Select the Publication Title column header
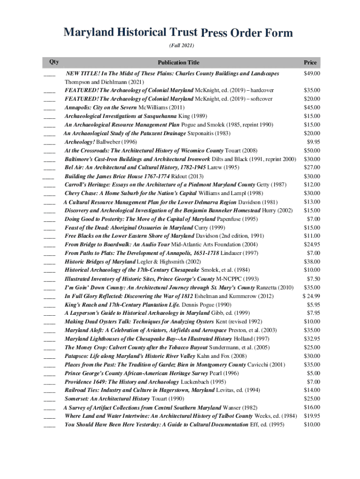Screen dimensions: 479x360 [x=178, y=62]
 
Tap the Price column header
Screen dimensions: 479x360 [x=310, y=62]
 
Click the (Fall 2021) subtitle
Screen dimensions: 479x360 [x=181, y=46]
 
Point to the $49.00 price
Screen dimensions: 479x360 [x=312, y=73]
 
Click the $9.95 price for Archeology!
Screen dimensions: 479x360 [x=313, y=142]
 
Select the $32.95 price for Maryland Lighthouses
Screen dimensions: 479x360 [x=312, y=339]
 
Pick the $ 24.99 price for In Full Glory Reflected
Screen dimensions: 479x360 [x=311, y=296]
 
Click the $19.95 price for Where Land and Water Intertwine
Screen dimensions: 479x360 [x=312, y=416]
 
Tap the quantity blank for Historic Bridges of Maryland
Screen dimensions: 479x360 [x=49, y=262]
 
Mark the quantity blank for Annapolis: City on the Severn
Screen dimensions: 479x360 [x=49, y=108]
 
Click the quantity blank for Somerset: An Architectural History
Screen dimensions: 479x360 [x=49, y=399]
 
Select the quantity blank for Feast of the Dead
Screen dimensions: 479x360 [x=49, y=228]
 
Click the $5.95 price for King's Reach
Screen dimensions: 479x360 [x=313, y=305]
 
